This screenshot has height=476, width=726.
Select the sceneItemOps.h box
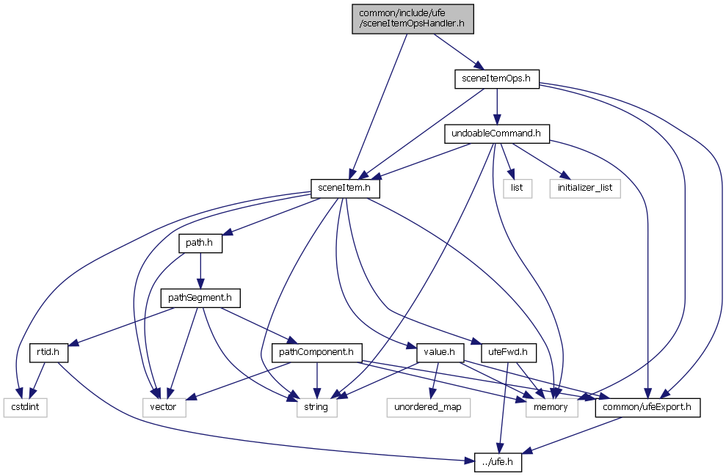496,78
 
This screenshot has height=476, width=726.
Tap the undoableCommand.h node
496,133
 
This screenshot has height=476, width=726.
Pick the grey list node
516,188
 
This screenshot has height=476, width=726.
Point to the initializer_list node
584,188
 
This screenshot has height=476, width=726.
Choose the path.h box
200,244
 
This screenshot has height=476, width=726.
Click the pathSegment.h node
200,299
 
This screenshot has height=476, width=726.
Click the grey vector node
163,407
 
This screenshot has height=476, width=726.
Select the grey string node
317,407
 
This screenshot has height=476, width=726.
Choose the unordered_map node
427,407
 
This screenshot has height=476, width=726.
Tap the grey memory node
551,407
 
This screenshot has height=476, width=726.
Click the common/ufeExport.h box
647,407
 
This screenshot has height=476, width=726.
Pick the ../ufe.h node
493,462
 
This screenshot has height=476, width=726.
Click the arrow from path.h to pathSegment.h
200,271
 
